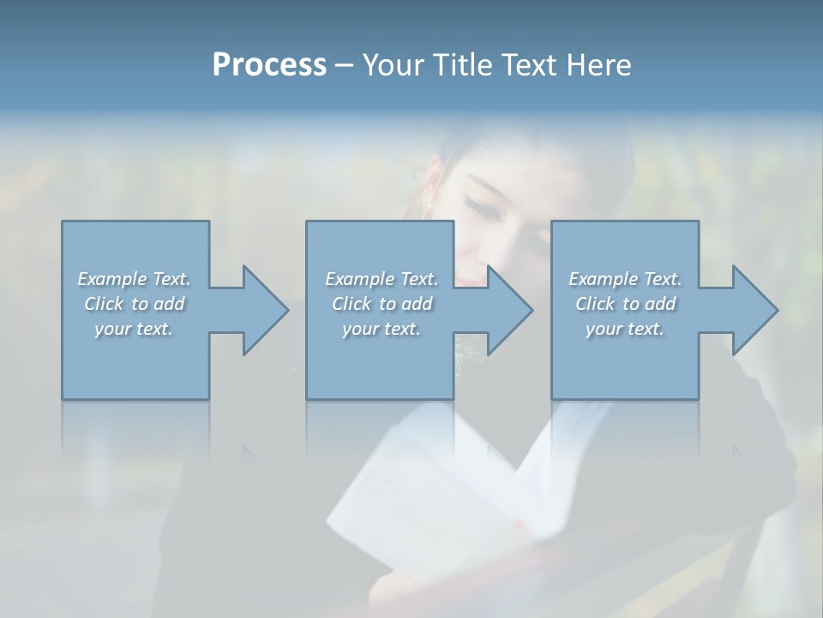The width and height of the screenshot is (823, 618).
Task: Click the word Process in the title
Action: (x=269, y=65)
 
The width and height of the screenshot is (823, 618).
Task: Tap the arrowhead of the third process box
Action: (x=754, y=310)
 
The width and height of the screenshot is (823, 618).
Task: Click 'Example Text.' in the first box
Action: (x=134, y=279)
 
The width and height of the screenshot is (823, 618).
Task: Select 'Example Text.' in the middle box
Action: (x=381, y=279)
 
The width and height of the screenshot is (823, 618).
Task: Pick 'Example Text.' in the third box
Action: (x=625, y=279)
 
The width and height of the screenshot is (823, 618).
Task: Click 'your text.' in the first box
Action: (x=134, y=329)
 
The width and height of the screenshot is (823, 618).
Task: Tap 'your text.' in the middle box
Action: (x=381, y=329)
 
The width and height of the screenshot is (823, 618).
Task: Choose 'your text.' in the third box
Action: (x=625, y=329)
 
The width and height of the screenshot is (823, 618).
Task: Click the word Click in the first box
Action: (x=103, y=304)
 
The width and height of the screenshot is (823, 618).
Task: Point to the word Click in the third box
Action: (x=595, y=304)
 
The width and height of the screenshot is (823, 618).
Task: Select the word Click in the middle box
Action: (x=351, y=304)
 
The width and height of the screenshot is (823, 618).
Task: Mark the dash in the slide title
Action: (x=345, y=66)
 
